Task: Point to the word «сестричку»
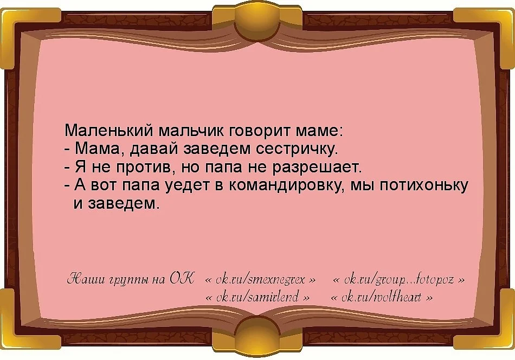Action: tap(296, 149)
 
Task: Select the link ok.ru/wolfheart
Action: tap(382, 298)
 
